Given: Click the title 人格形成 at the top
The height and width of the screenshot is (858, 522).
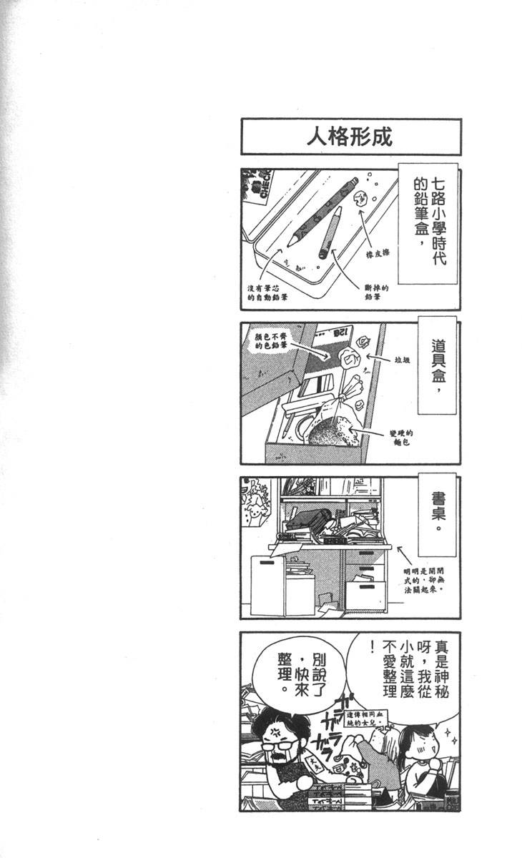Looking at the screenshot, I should (350, 137).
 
